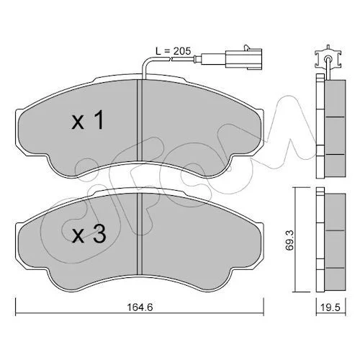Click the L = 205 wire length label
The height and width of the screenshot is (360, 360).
(173, 51)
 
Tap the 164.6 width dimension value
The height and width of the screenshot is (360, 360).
(140, 307)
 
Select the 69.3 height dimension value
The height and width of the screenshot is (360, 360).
(289, 240)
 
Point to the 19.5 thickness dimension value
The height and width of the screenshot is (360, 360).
(331, 307)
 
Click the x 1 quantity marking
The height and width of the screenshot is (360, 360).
(88, 120)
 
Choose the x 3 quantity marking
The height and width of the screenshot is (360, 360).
(89, 235)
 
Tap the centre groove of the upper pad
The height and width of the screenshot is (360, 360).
(140, 120)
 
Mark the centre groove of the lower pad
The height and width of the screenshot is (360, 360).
(140, 234)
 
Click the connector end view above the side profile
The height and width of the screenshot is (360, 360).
(328, 59)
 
